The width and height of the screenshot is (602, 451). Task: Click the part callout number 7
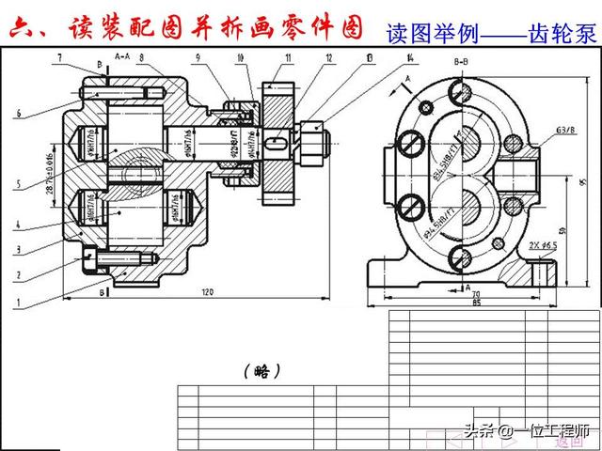click(x=59, y=58)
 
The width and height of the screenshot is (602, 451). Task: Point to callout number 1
click(x=18, y=303)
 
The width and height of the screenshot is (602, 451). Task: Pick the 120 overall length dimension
click(x=207, y=292)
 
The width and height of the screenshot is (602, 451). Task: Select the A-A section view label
click(x=121, y=57)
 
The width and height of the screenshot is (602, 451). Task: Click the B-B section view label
click(x=462, y=61)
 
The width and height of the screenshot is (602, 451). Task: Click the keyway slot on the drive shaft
click(x=275, y=145)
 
